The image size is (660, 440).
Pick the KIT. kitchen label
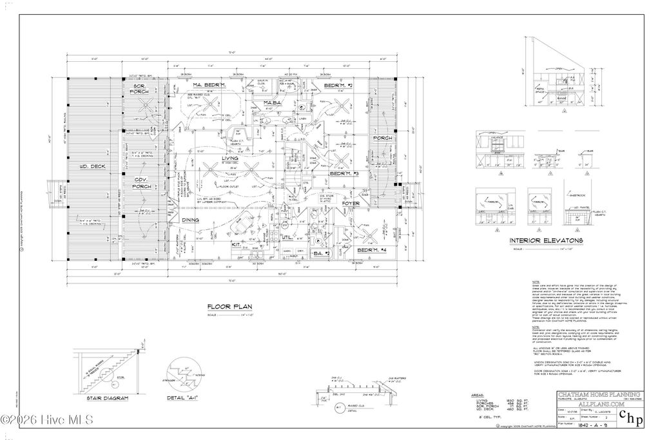point(236,245)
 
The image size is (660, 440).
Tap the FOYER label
point(351,203)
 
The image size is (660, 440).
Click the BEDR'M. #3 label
point(344,174)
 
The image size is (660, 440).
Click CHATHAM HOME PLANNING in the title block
point(599,394)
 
